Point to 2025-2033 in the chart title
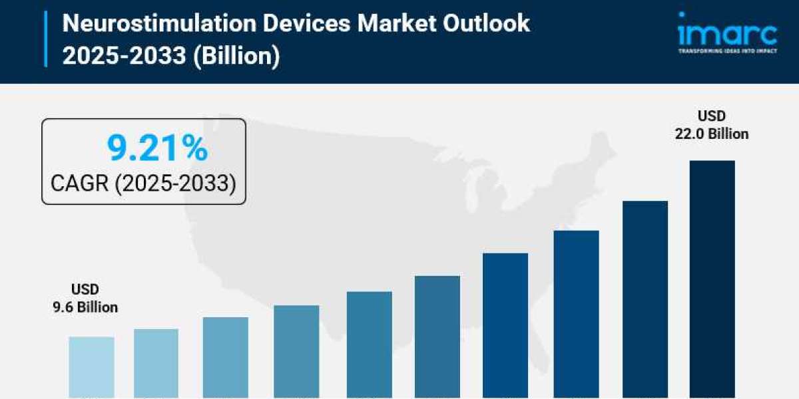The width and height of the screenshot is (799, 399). [124, 56]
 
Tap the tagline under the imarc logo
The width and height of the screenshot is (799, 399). [726, 51]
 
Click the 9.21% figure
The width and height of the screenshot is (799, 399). [157, 149]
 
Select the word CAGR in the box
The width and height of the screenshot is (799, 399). [81, 182]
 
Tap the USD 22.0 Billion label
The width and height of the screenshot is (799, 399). [712, 125]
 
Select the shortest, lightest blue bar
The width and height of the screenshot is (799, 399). [91, 367]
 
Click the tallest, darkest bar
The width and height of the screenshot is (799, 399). [712, 279]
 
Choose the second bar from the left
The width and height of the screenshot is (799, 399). [156, 363]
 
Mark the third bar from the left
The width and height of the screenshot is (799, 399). [225, 357]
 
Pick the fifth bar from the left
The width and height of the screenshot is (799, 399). [370, 344]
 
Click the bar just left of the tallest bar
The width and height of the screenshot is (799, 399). [645, 299]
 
